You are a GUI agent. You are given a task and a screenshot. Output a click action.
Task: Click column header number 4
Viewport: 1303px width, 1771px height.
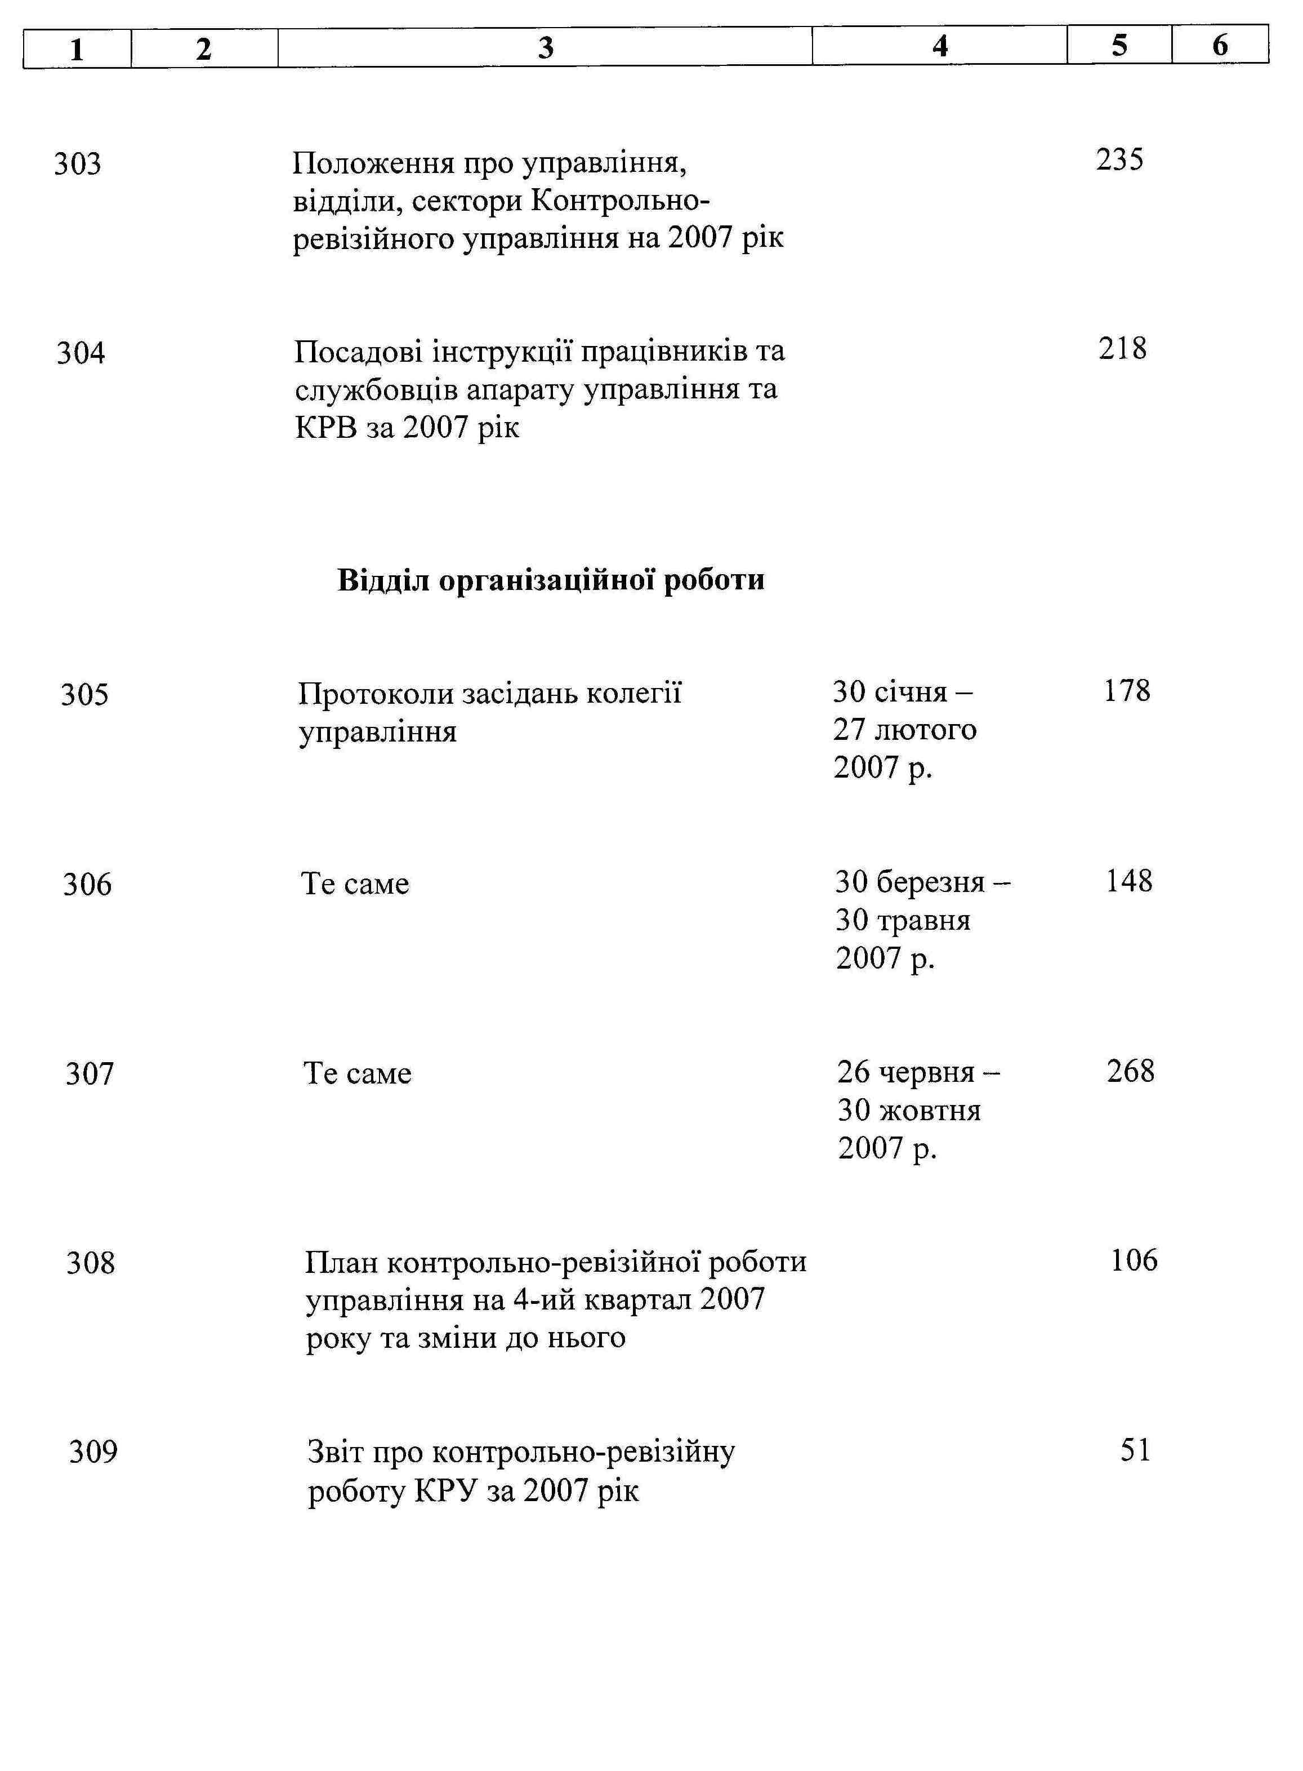939,46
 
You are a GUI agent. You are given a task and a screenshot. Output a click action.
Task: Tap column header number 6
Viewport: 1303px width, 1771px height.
1220,45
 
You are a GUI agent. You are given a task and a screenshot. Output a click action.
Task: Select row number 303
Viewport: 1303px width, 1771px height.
77,164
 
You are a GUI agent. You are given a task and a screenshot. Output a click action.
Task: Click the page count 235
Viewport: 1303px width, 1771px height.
1119,160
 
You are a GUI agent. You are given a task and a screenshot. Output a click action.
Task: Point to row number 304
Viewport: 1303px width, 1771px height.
81,353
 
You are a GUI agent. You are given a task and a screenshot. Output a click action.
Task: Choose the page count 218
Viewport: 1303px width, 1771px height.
1122,349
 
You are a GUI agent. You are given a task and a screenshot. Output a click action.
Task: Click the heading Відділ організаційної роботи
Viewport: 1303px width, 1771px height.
551,580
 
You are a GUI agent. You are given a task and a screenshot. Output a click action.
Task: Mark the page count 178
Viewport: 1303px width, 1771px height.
1126,691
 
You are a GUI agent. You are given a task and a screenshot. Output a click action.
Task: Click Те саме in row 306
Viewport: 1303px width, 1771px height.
355,884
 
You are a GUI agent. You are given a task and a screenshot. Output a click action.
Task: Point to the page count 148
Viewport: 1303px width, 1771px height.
1128,881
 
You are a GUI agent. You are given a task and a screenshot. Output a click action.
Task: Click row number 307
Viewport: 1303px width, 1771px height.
89,1074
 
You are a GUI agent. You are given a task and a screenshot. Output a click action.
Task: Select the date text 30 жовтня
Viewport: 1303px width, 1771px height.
909,1111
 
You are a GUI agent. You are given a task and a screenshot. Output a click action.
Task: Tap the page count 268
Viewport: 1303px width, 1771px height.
1130,1072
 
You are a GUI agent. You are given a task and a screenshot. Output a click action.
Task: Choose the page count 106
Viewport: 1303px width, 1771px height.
1134,1260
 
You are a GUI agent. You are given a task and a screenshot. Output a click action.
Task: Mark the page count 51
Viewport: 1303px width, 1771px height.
1135,1450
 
